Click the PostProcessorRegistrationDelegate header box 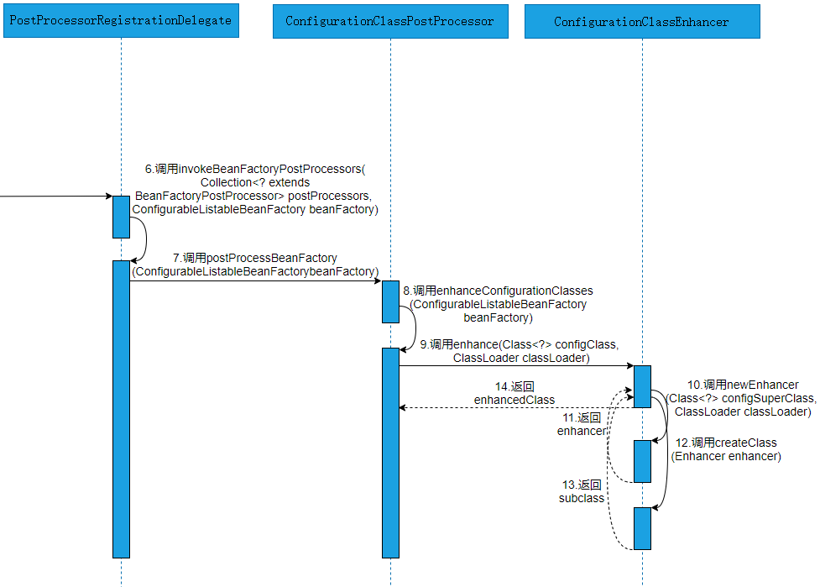[121, 20]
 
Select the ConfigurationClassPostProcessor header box [390, 20]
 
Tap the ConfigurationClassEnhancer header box [642, 21]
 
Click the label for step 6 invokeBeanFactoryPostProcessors [255, 189]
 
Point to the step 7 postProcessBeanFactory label [255, 265]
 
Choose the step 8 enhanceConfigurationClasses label [499, 304]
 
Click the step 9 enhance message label [520, 351]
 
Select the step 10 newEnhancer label [743, 398]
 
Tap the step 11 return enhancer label [582, 424]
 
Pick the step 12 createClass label [727, 449]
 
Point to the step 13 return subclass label [582, 491]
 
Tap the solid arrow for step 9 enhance [516, 365]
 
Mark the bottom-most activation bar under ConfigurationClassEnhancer [642, 528]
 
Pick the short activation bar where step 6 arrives [121, 217]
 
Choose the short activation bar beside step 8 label [390, 301]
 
